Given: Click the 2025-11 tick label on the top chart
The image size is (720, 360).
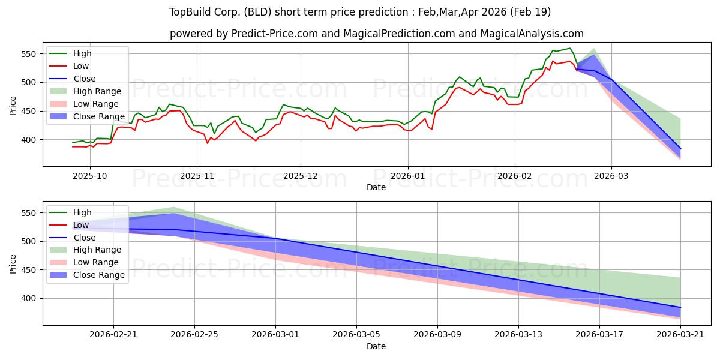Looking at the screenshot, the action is coord(197,176).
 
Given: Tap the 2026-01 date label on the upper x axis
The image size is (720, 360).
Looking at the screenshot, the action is coord(408,176).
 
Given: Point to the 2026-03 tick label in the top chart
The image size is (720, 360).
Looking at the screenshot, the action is coord(611,176).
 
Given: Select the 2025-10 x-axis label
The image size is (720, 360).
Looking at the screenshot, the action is coord(90,176).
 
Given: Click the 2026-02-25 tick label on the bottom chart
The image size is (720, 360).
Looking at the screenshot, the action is coord(194,335).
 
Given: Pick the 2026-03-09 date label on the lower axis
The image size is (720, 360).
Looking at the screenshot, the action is coord(437,335).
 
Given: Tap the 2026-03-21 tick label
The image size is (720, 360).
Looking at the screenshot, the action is coord(680,335).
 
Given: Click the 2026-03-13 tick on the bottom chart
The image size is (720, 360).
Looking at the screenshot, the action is coord(518,335).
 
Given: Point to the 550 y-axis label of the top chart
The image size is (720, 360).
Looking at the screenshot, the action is coord(28,54).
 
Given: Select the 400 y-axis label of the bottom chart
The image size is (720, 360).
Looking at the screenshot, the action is coord(28,299).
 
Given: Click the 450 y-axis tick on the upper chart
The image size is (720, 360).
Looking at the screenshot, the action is coord(28,112).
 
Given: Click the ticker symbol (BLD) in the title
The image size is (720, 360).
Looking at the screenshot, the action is coord(257,12).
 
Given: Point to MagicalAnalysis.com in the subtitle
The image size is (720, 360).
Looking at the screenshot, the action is coord(532,34).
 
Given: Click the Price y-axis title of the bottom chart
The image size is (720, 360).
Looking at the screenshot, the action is coord(13,264).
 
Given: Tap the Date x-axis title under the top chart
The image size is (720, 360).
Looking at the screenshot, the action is coord(376,187).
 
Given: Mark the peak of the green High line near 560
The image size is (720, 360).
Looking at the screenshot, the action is coord(570,48).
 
